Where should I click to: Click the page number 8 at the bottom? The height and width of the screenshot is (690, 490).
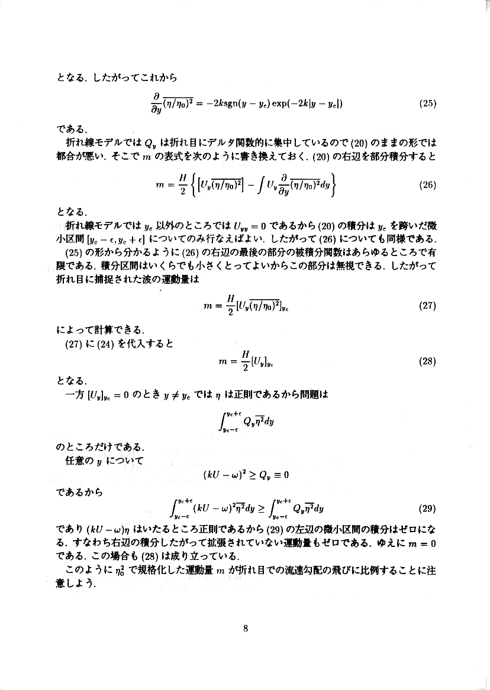[x=245, y=629]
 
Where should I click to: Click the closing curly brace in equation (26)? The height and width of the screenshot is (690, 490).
[x=335, y=184]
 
